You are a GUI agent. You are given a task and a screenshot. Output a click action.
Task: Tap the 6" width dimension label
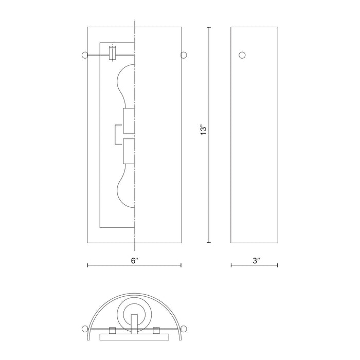[134, 261]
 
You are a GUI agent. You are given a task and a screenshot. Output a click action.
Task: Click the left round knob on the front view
[84, 55]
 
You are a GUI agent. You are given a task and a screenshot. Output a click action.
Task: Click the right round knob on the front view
[184, 55]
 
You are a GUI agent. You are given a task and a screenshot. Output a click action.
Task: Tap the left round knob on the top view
[84, 329]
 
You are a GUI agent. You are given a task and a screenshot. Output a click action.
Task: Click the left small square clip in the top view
[112, 330]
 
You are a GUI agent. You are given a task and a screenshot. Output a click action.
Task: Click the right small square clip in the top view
[156, 330]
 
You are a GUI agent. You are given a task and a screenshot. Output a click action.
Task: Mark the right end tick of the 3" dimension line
[278, 265]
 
